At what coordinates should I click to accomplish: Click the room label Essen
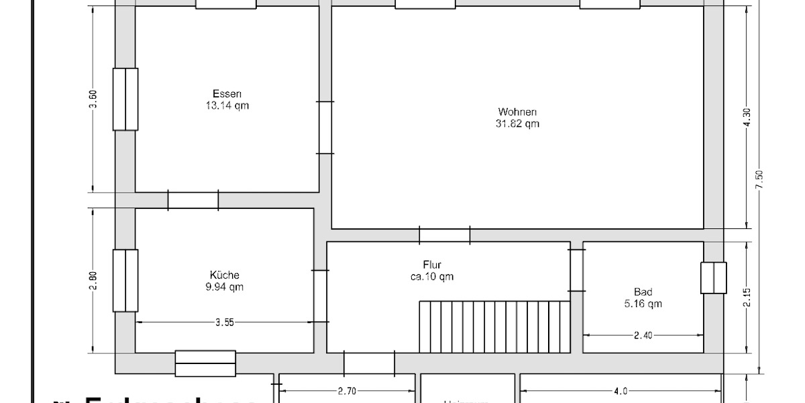227,94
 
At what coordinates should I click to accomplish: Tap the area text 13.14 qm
227,105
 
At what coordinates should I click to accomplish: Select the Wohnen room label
517,112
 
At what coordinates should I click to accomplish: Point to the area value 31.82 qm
517,124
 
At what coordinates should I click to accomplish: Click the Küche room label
225,275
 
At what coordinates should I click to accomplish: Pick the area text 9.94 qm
225,287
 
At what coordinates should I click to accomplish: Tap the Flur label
432,265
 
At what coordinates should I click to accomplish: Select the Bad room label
643,292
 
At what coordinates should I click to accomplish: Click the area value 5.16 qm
643,304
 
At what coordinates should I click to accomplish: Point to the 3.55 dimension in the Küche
225,322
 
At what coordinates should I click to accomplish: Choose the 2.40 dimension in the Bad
643,335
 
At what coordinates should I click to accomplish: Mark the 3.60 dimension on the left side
94,99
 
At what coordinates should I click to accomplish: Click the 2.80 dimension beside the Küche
94,280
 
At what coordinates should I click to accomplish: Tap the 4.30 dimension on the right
747,118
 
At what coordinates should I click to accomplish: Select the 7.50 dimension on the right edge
759,180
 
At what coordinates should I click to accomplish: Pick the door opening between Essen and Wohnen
325,128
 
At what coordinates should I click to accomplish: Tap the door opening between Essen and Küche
193,200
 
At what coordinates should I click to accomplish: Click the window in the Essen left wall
125,99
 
